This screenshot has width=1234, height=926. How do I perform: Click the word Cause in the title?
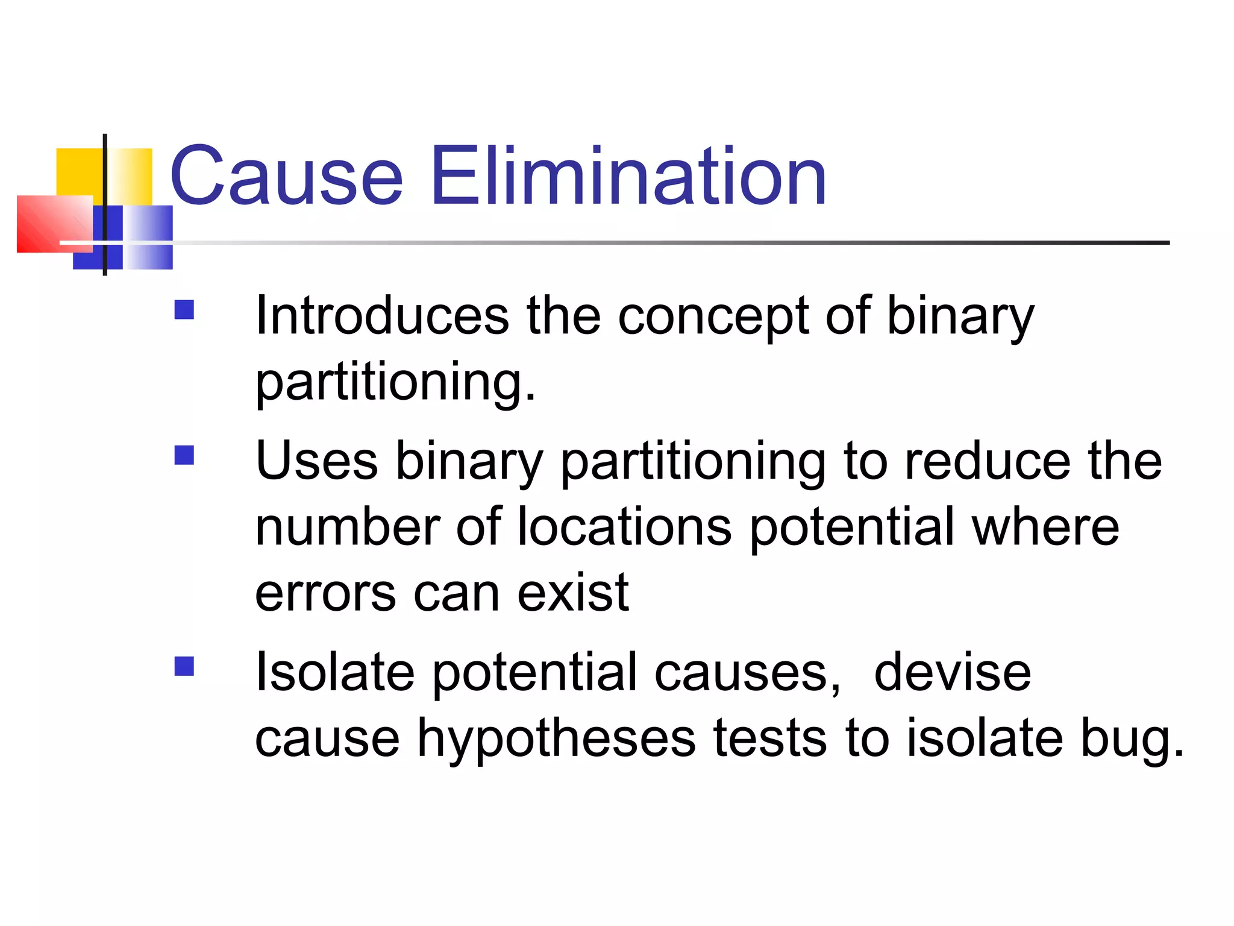tap(286, 176)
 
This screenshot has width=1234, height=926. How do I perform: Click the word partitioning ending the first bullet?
tap(395, 383)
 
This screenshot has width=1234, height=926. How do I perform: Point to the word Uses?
tap(316, 461)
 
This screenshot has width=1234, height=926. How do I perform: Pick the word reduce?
tap(988, 461)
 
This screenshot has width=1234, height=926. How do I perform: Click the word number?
tap(348, 527)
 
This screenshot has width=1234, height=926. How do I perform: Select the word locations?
tap(624, 527)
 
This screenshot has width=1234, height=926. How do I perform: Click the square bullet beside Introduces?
tap(184, 310)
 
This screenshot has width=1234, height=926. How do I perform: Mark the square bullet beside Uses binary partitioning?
tap(184, 455)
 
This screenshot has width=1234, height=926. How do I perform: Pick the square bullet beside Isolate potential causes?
tap(184, 666)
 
